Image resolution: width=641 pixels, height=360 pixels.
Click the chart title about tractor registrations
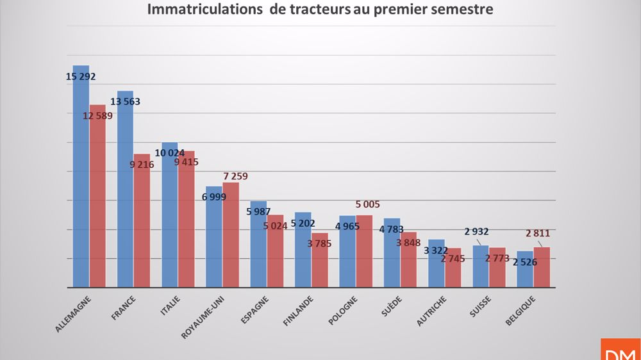click(320, 10)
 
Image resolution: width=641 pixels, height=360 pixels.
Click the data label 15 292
click(81, 76)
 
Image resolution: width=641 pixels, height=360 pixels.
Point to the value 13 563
click(125, 101)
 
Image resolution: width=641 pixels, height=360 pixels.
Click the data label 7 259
click(235, 176)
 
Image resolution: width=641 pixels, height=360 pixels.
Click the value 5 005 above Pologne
click(367, 204)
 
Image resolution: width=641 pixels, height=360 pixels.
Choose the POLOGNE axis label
click(345, 310)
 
